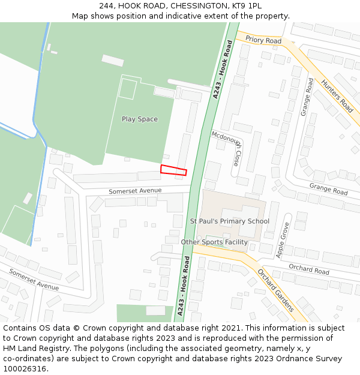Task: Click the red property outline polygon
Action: click(173, 170)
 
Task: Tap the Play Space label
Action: click(140, 119)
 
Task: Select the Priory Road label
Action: click(263, 40)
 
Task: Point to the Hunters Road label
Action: click(337, 96)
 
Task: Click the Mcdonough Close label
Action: click(229, 149)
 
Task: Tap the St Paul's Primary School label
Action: click(230, 221)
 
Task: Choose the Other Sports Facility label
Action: click(214, 242)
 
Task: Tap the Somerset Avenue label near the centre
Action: click(135, 191)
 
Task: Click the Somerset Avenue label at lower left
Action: click(34, 280)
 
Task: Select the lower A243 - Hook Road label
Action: click(184, 286)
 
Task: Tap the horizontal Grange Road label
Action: click(328, 189)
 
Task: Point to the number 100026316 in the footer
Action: click(24, 369)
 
